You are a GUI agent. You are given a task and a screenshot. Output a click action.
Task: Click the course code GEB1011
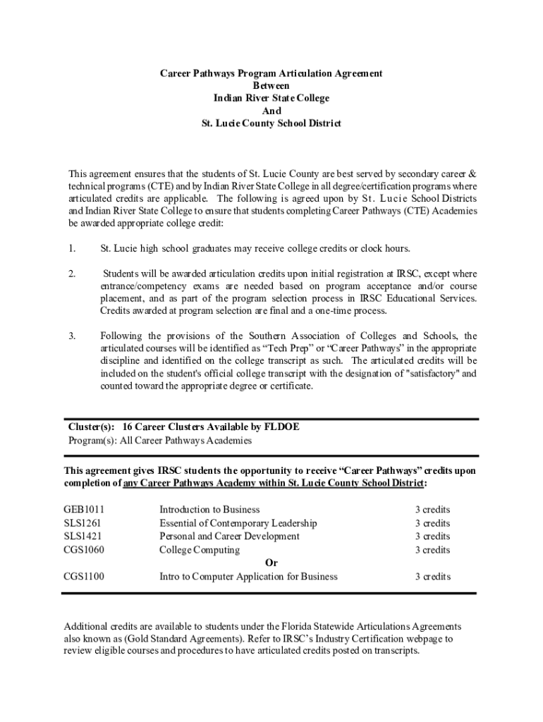point(84,510)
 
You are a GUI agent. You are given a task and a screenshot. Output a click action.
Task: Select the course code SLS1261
point(83,523)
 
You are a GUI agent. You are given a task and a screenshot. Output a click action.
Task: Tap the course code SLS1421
point(83,537)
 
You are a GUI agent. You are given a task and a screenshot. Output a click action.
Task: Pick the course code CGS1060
point(84,550)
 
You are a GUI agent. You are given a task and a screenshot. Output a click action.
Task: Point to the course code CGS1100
point(84,577)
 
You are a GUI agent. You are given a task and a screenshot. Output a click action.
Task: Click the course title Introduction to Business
point(209,510)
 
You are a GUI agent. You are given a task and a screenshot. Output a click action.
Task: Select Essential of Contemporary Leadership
point(238,523)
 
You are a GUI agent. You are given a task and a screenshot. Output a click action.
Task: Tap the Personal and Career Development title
point(229,537)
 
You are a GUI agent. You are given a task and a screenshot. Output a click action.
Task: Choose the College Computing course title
point(200,550)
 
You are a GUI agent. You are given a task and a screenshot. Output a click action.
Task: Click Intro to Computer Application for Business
point(248,577)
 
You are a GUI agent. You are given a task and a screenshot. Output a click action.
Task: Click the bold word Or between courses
point(271,563)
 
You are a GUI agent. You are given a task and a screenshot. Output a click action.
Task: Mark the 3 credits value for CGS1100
point(432,577)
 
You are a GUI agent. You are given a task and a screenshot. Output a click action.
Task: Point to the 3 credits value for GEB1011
point(432,510)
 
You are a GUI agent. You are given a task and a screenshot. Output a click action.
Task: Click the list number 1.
point(71,249)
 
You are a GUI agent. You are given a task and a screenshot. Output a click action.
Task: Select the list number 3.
point(71,336)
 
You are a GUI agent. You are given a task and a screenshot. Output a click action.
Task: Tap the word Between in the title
point(271,86)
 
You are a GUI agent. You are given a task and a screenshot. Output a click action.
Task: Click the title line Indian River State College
point(271,99)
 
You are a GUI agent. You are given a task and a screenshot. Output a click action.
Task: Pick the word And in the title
point(271,111)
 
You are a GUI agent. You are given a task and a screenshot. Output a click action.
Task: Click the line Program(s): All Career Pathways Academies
point(159,441)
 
